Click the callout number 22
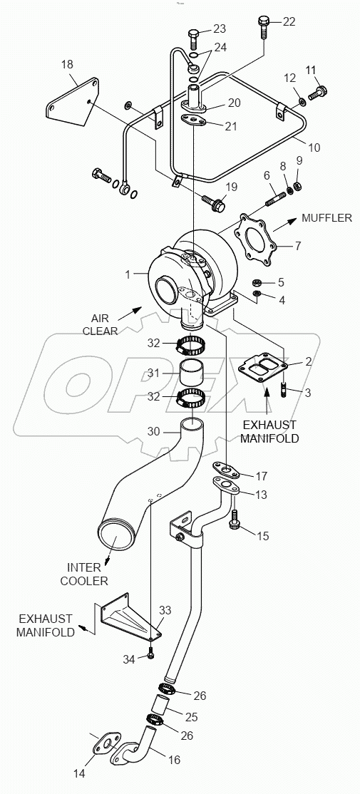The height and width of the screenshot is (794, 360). (x=288, y=21)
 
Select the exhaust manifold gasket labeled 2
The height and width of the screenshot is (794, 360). (x=263, y=368)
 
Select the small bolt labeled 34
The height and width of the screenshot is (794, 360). (x=150, y=655)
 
